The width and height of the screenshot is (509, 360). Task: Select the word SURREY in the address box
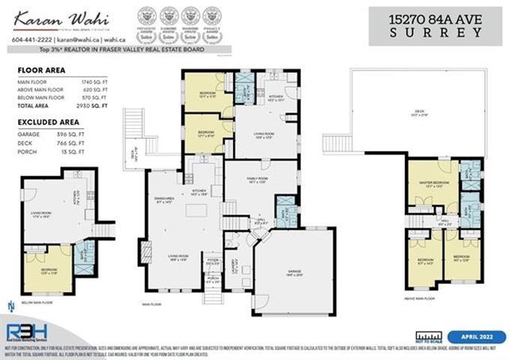pos(436,32)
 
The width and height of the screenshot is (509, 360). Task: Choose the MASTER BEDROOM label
pos(429,184)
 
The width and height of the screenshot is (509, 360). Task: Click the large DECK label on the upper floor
pos(419,112)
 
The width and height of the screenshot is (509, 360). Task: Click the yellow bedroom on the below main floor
pos(46,270)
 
